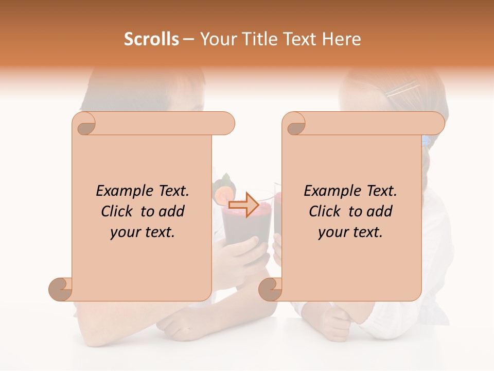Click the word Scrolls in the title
151,39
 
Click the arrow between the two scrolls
244,205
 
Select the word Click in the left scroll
118,211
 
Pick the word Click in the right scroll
326,211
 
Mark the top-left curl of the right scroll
295,124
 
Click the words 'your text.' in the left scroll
143,232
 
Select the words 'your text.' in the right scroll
350,232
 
